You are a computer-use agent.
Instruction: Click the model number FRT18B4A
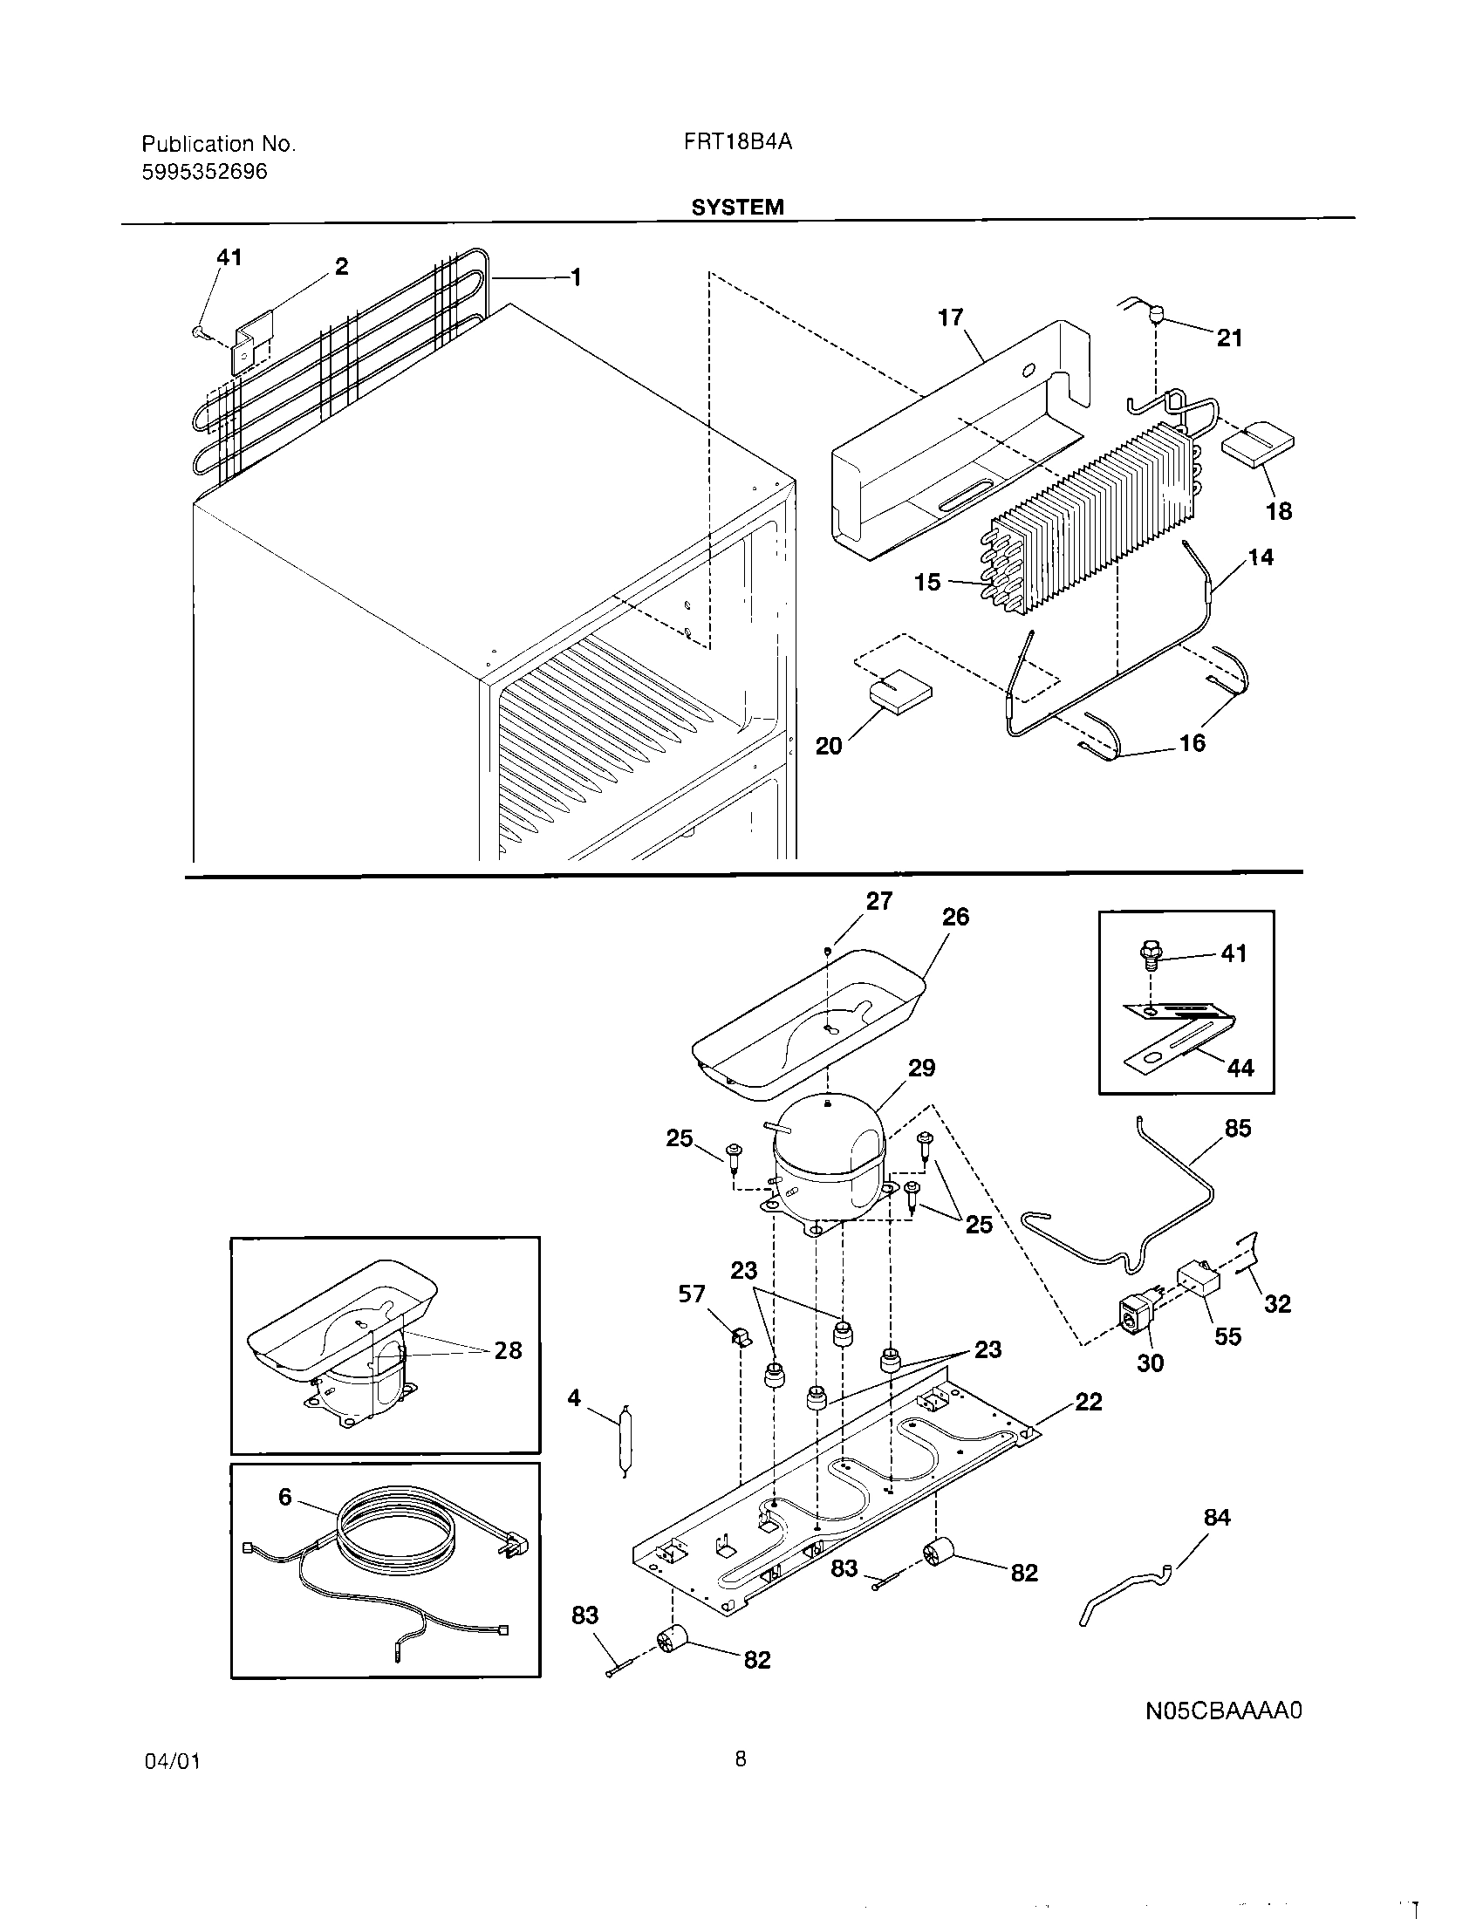(737, 142)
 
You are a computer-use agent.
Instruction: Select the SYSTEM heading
(737, 208)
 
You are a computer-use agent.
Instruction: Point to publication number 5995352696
(204, 171)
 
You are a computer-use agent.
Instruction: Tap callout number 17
(950, 318)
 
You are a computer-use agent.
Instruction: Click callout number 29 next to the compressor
(921, 1068)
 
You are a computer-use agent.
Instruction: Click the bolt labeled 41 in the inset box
(1152, 953)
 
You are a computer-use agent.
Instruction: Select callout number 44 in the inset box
(1240, 1068)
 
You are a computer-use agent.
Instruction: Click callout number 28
(508, 1350)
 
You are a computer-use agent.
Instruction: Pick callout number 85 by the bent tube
(1237, 1128)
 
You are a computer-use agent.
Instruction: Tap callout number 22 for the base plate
(1088, 1402)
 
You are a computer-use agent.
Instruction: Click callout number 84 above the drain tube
(1217, 1518)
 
